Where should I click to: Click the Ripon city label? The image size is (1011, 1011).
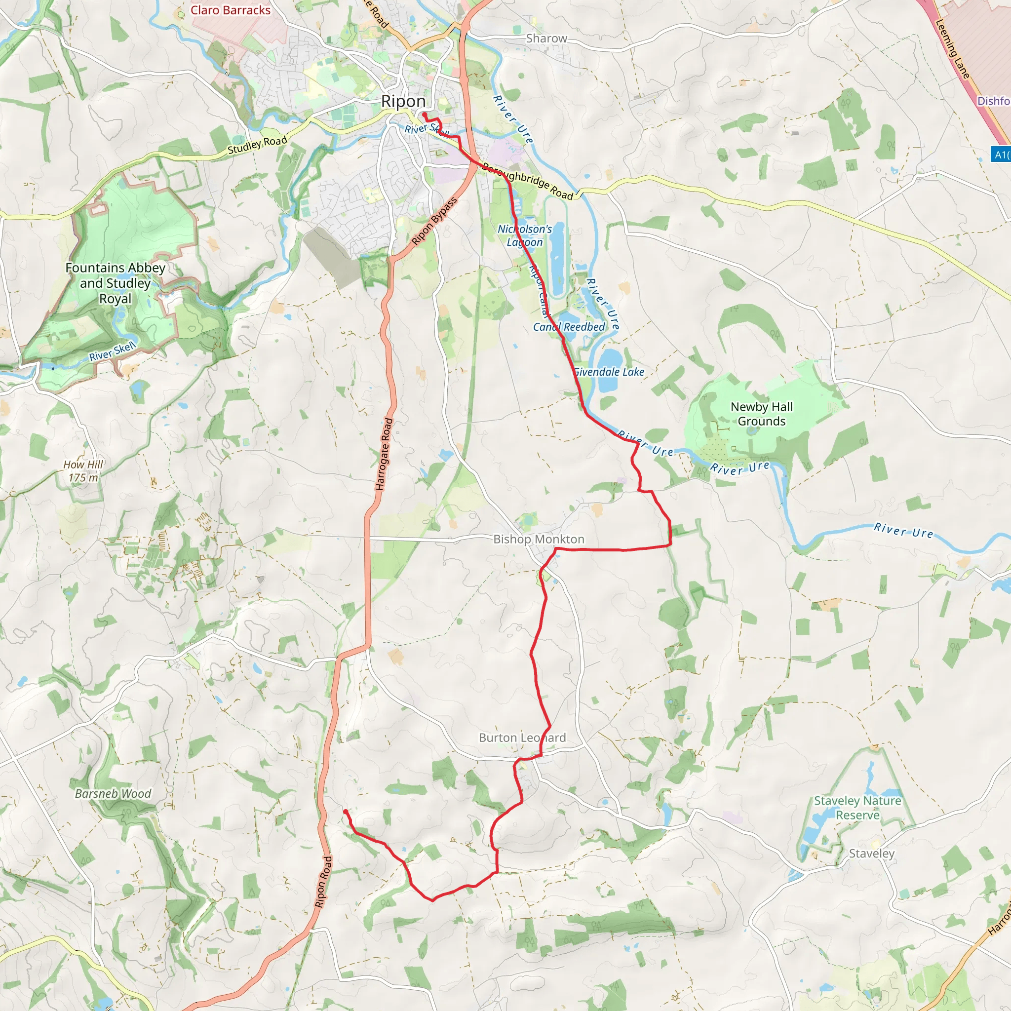(x=403, y=101)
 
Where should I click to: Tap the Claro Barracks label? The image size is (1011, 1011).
(x=230, y=10)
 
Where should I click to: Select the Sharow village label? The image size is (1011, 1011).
(x=546, y=38)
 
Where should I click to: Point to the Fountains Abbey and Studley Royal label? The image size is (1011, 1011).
(x=115, y=283)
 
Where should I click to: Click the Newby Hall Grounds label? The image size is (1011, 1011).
(x=761, y=414)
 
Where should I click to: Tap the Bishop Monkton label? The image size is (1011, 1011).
(x=539, y=539)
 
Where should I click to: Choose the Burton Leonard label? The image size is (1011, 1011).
(x=522, y=738)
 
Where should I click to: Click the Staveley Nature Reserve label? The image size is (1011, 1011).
(x=857, y=808)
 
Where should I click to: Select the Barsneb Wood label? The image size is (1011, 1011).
(x=113, y=793)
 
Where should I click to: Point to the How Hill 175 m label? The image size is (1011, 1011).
(x=83, y=471)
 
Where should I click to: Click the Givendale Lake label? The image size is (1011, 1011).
(x=609, y=372)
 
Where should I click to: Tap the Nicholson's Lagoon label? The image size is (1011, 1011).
(x=524, y=235)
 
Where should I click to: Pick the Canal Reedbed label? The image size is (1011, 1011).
(x=569, y=326)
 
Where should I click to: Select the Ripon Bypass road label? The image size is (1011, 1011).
(x=434, y=221)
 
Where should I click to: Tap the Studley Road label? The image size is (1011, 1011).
(x=257, y=145)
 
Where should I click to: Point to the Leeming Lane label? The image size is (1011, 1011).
(x=952, y=49)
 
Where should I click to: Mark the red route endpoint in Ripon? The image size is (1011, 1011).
(x=425, y=115)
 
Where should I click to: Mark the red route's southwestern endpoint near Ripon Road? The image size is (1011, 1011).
(x=346, y=812)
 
